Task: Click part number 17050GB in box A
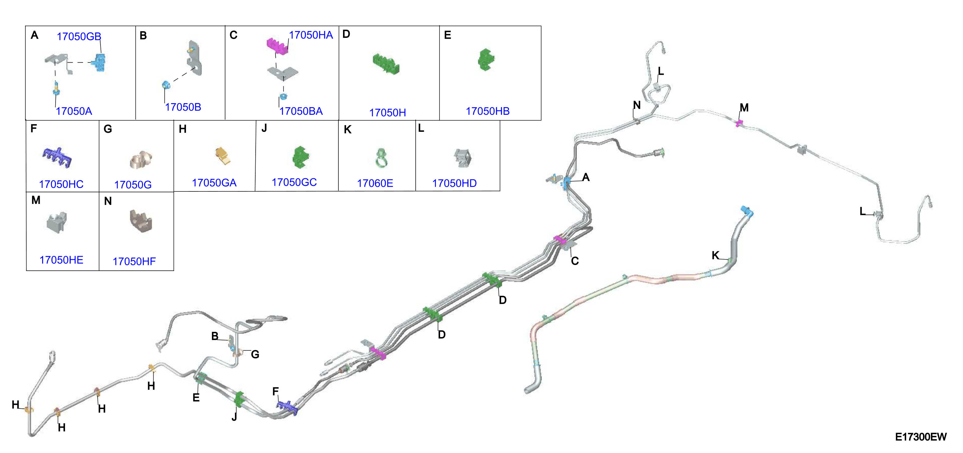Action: [x=79, y=36]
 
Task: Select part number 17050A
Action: [x=74, y=111]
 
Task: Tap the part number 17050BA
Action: [x=301, y=111]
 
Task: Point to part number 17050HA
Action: [x=311, y=35]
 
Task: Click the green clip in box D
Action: [x=386, y=63]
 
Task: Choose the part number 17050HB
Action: [x=487, y=111]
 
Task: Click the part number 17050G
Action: [x=133, y=185]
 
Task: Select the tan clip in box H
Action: [x=223, y=156]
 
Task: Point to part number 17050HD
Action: [x=454, y=183]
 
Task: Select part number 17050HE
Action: [x=61, y=260]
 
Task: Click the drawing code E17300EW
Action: [x=921, y=437]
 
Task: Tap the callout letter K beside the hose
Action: [x=715, y=255]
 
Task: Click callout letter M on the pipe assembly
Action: [x=744, y=108]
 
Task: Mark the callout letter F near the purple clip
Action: [x=275, y=391]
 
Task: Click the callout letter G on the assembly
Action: [x=255, y=354]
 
